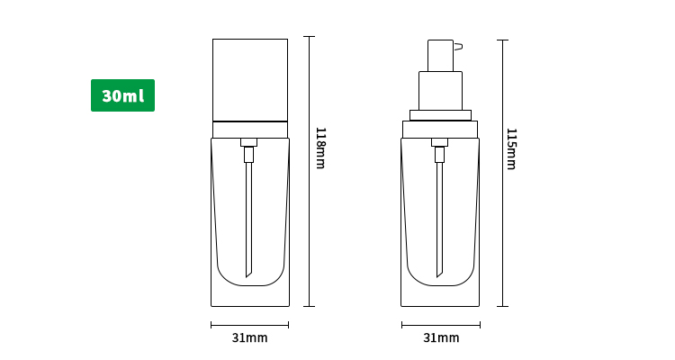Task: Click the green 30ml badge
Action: pyautogui.click(x=122, y=95)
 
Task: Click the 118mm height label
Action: pyautogui.click(x=320, y=148)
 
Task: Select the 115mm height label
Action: pyautogui.click(x=511, y=149)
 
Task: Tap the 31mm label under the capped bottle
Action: pyautogui.click(x=249, y=337)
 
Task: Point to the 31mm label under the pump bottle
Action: pyautogui.click(x=441, y=337)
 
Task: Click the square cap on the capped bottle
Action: pyautogui.click(x=250, y=80)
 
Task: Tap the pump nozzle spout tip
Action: pyautogui.click(x=460, y=47)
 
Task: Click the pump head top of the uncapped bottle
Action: pyautogui.click(x=440, y=56)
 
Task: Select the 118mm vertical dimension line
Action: pyautogui.click(x=309, y=171)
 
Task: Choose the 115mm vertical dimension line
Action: pyautogui.click(x=502, y=173)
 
